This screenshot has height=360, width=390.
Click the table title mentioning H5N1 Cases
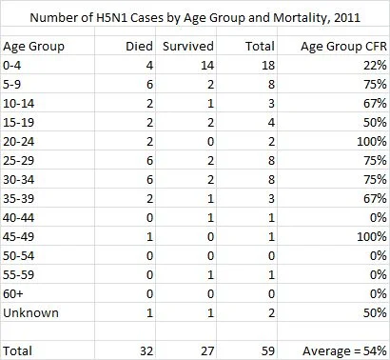point(195,17)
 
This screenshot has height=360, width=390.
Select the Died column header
point(139,47)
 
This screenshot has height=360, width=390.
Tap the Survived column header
point(188,47)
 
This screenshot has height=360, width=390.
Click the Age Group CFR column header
point(343,47)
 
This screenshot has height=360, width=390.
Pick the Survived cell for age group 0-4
point(207,66)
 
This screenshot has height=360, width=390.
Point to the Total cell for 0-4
point(268,66)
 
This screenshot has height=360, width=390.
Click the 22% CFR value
point(375,66)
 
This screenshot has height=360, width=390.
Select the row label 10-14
point(19,104)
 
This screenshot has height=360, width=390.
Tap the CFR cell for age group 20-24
point(372,142)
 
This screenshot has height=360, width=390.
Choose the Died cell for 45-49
point(149,237)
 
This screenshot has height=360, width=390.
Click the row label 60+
point(13,294)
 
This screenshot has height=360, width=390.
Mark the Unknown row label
point(30,313)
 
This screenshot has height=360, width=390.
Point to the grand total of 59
point(268,351)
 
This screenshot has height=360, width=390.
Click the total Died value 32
point(146,351)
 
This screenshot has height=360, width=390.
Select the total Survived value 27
point(207,351)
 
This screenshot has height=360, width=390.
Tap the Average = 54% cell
point(344,351)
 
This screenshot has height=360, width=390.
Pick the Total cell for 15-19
point(271,123)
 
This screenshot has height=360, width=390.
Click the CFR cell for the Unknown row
point(375,313)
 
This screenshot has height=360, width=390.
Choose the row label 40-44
point(19,218)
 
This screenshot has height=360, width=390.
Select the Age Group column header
point(33,47)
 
